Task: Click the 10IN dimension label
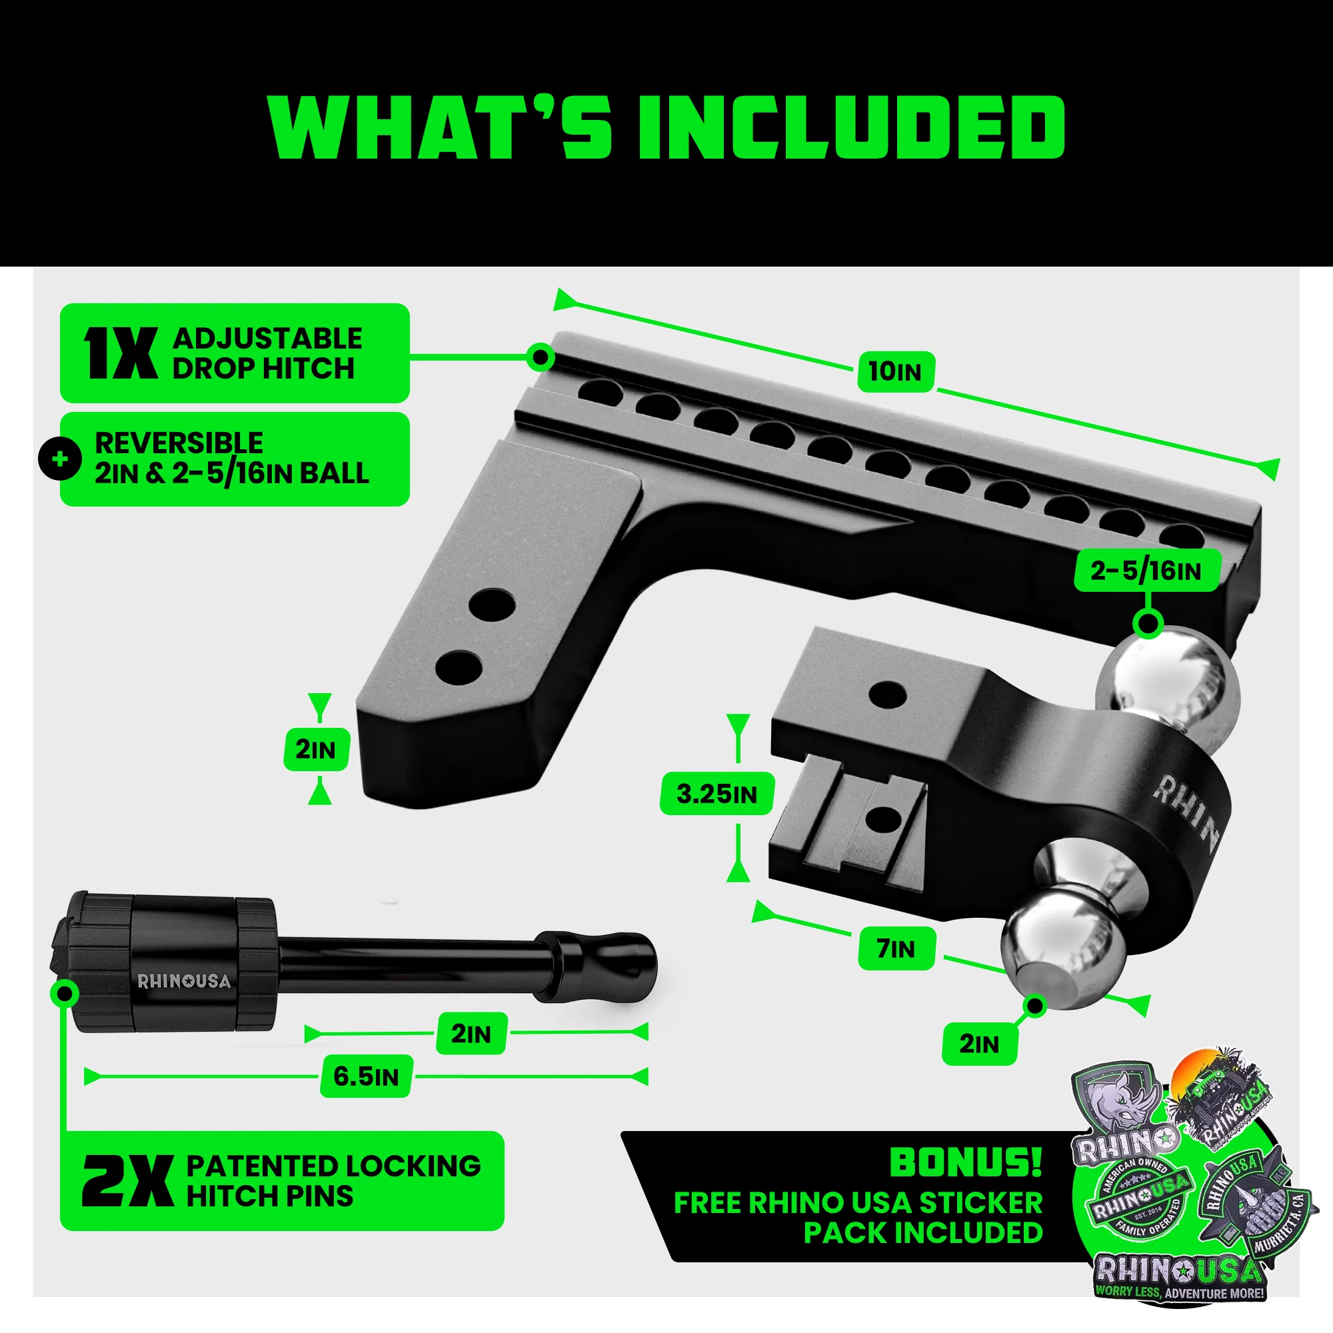[896, 372]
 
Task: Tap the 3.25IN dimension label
[716, 794]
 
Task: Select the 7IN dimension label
[896, 949]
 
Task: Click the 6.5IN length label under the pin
[366, 1076]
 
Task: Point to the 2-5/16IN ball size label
[1146, 571]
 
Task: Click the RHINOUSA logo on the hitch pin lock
[183, 981]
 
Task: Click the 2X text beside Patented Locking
[127, 1181]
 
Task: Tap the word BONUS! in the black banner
[965, 1162]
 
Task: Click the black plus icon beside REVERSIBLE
[60, 459]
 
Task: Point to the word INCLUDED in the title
[851, 129]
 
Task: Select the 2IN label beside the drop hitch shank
[316, 749]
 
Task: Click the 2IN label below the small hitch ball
[979, 1044]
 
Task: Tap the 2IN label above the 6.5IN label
[471, 1034]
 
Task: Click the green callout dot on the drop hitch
[541, 357]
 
